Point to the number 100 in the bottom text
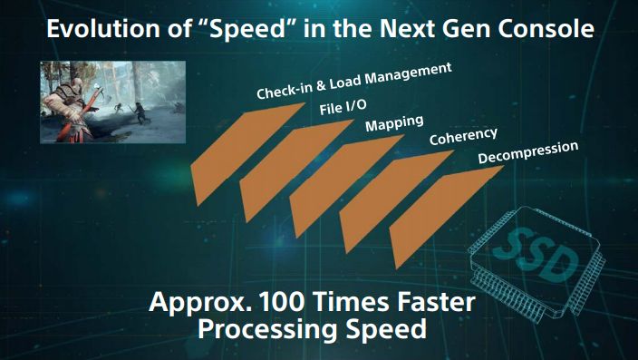(276, 302)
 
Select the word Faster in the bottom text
(433, 302)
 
